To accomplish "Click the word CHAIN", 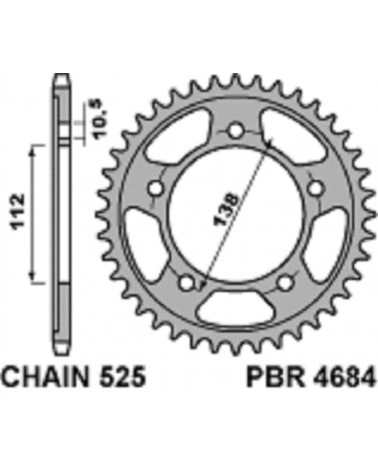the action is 46,377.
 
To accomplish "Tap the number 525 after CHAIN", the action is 122,377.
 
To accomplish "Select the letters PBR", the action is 275,377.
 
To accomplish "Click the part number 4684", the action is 344,377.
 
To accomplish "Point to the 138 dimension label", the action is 226,210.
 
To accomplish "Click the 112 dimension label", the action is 17,212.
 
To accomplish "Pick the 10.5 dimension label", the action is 100,118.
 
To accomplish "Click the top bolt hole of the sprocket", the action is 236,130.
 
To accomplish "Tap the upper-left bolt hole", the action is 155,189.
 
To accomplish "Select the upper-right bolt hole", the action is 315,189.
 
